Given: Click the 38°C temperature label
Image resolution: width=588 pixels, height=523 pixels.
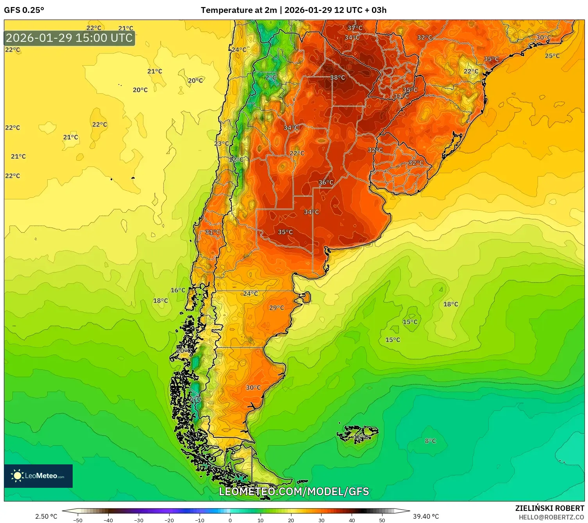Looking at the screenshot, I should point(338,78).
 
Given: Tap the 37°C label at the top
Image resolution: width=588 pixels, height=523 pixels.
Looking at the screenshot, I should point(355,28).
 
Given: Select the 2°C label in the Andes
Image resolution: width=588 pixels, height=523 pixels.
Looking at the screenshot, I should point(271,78).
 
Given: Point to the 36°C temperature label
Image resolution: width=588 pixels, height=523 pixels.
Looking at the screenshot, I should point(326,183).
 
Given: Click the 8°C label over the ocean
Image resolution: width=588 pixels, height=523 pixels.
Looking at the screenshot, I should point(430,441).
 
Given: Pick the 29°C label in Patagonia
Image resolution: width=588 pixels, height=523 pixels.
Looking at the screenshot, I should point(276,308).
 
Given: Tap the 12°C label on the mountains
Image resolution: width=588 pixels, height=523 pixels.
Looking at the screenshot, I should point(236,159).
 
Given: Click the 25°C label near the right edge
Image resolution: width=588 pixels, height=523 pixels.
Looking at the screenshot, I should point(552,56).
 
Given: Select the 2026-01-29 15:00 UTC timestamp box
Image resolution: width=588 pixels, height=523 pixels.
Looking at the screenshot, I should point(70,38).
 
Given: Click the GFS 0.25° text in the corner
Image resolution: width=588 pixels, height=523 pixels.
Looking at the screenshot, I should point(24,10).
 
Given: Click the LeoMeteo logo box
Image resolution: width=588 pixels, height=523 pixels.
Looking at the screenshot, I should point(38,476).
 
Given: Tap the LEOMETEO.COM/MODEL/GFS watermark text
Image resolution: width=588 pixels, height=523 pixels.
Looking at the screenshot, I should point(294,491).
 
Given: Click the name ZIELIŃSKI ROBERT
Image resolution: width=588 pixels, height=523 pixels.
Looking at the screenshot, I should point(549,508).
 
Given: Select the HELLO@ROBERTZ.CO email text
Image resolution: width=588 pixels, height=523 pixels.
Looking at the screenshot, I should point(551,517).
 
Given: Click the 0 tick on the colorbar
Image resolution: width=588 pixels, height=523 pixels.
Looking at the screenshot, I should point(230,519).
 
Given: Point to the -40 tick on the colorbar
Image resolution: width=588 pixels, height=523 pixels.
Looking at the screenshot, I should point(108,519).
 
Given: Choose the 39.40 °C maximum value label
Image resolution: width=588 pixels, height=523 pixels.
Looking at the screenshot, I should point(426,516).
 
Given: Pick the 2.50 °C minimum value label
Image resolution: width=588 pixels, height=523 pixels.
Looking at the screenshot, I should point(46,516).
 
